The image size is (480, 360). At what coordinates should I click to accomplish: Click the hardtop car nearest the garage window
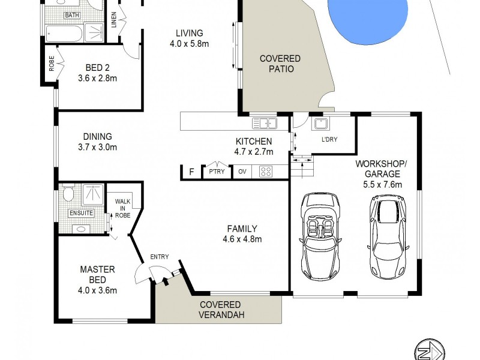click(x=388, y=236)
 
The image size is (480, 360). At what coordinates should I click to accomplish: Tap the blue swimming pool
click(x=367, y=19)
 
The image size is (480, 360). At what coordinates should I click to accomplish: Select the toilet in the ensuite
click(x=68, y=193)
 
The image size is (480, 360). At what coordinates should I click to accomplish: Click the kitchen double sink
click(x=265, y=124)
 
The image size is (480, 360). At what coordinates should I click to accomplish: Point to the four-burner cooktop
click(x=265, y=172)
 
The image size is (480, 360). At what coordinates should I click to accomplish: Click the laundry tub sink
click(x=320, y=124)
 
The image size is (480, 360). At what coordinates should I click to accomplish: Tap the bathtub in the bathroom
click(x=64, y=34)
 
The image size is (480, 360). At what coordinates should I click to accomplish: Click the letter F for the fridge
click(x=191, y=172)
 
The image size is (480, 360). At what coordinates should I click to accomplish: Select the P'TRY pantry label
click(x=217, y=172)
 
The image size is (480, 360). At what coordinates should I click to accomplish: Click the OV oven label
click(x=242, y=172)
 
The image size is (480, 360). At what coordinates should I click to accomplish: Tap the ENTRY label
click(x=160, y=257)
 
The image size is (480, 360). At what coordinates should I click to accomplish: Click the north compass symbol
click(x=429, y=351)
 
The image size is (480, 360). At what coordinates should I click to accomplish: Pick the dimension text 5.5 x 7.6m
click(x=382, y=185)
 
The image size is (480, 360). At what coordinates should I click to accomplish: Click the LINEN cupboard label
click(x=114, y=20)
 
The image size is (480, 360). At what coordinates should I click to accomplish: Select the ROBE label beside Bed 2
click(x=52, y=64)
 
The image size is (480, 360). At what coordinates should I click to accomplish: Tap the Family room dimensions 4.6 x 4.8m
click(x=242, y=239)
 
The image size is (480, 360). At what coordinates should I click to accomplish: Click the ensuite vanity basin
click(x=81, y=229)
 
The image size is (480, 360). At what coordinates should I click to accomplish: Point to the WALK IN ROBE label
click(x=122, y=208)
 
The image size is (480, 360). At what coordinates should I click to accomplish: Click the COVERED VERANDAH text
click(x=221, y=310)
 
